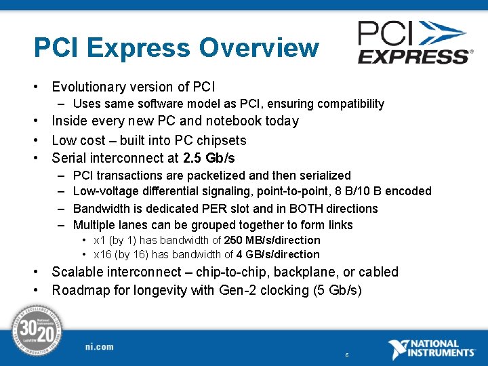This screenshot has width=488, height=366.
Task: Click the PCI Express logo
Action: (413, 42)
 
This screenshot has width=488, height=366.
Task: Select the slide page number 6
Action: (347, 355)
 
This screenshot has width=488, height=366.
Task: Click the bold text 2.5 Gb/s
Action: (209, 159)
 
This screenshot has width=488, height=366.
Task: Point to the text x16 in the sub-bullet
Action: (103, 255)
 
